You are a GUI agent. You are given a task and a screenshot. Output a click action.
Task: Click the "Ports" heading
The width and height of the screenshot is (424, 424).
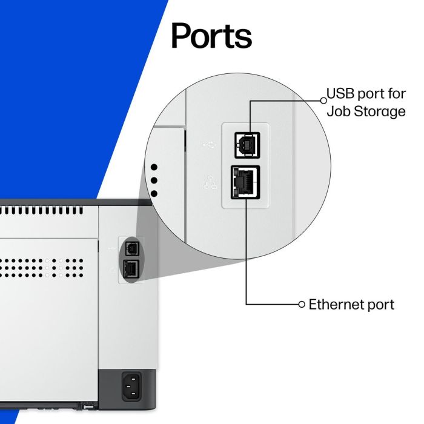pos(211,36)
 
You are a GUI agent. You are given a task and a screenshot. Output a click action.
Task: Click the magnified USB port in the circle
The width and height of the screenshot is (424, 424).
pos(248,145)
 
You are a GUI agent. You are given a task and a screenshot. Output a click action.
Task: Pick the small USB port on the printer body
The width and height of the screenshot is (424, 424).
pos(131,248)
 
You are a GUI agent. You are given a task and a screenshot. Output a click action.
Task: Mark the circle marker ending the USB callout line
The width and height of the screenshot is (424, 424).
pos(323,99)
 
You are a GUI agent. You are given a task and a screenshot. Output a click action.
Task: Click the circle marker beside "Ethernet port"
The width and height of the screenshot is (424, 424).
pos(302,304)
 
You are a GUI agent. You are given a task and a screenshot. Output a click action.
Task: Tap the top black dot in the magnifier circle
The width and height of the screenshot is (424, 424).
pos(154,167)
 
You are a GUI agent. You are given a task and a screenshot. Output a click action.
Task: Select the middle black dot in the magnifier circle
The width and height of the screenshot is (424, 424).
pos(154,181)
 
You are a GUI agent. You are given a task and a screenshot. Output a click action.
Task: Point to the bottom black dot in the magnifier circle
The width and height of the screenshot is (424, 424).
pos(154,194)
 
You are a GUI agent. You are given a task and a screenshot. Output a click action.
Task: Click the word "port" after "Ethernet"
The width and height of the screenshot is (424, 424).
pos(380,305)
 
